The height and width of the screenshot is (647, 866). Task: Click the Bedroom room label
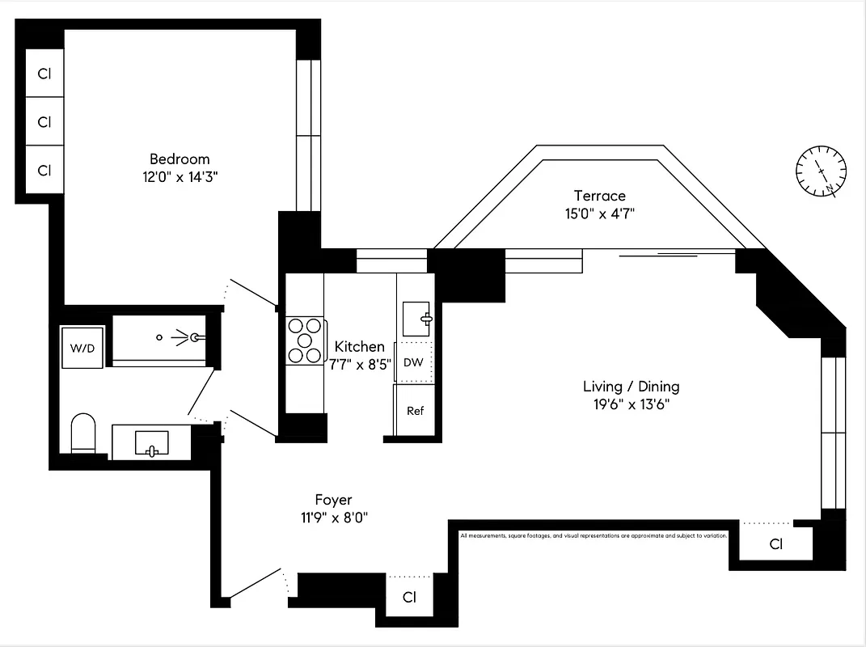[179, 159]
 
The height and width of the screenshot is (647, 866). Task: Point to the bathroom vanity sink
[151, 443]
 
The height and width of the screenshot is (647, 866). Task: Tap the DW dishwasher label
[413, 362]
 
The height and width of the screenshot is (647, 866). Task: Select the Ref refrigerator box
[415, 411]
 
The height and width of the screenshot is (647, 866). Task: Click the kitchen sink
[419, 317]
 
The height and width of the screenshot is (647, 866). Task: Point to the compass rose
[821, 171]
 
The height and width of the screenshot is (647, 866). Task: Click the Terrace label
[599, 196]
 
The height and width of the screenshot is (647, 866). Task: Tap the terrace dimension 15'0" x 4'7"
[599, 214]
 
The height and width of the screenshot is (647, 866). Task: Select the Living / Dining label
[632, 387]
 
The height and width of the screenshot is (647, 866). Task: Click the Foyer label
[333, 500]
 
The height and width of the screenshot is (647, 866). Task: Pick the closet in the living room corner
[775, 544]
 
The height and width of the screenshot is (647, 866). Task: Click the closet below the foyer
[409, 598]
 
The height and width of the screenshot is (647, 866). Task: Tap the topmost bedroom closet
[44, 74]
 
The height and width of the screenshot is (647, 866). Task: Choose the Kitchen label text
[360, 347]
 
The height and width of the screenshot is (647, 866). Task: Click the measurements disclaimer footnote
[594, 535]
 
